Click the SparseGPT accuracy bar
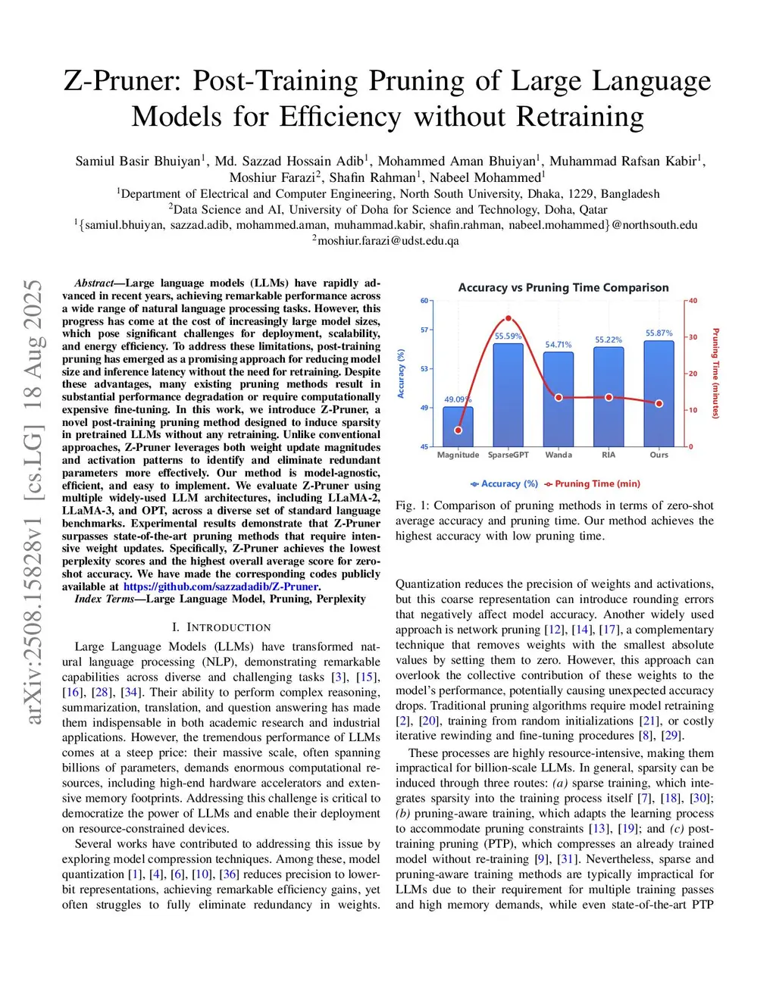tap(508, 395)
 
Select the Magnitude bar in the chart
tap(458, 427)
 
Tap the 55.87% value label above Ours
tap(659, 333)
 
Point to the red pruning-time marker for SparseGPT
tap(508, 319)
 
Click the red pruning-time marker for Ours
tap(659, 404)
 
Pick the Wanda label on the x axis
tap(559, 455)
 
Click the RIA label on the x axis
tap(609, 455)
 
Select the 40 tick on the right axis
tap(693, 301)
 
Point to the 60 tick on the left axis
tap(424, 301)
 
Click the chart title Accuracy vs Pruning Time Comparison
tap(563, 288)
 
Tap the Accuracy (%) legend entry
tap(505, 483)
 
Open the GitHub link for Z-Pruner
tap(221, 586)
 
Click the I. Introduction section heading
tap(221, 627)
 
